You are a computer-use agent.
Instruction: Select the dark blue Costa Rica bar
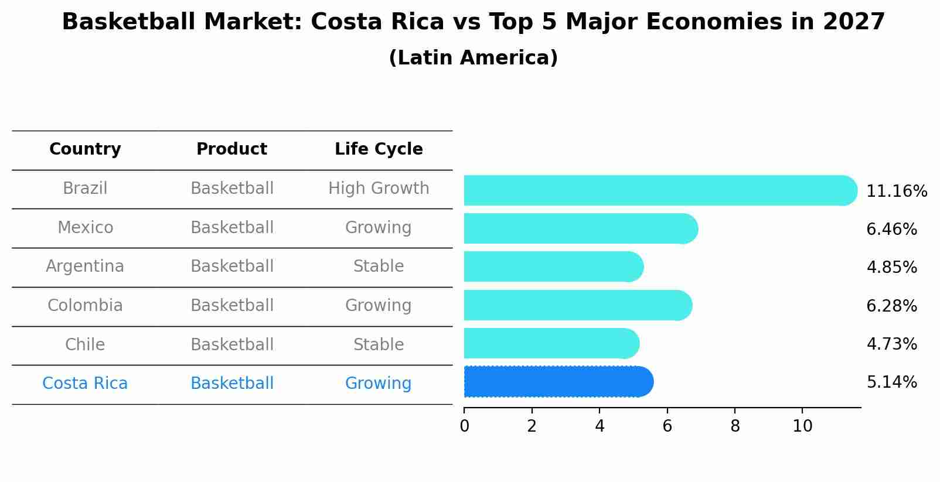point(557,382)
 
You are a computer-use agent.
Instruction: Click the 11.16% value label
point(896,192)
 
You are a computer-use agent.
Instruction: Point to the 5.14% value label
point(891,382)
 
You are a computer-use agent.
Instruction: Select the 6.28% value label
point(891,306)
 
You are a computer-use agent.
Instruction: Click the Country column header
point(85,149)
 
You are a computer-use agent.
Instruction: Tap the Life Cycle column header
point(379,149)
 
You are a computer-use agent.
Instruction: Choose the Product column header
point(231,149)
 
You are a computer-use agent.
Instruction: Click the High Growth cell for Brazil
point(379,189)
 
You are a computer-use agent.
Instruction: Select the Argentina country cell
point(85,266)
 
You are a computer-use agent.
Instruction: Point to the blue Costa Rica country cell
point(85,384)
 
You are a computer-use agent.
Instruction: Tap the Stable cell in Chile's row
point(379,344)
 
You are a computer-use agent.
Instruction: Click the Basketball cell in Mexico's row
point(231,227)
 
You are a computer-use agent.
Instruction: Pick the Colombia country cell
point(85,306)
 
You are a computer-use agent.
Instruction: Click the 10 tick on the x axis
point(802,426)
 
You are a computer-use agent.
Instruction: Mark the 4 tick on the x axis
point(600,426)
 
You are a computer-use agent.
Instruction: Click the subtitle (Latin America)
point(473,58)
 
